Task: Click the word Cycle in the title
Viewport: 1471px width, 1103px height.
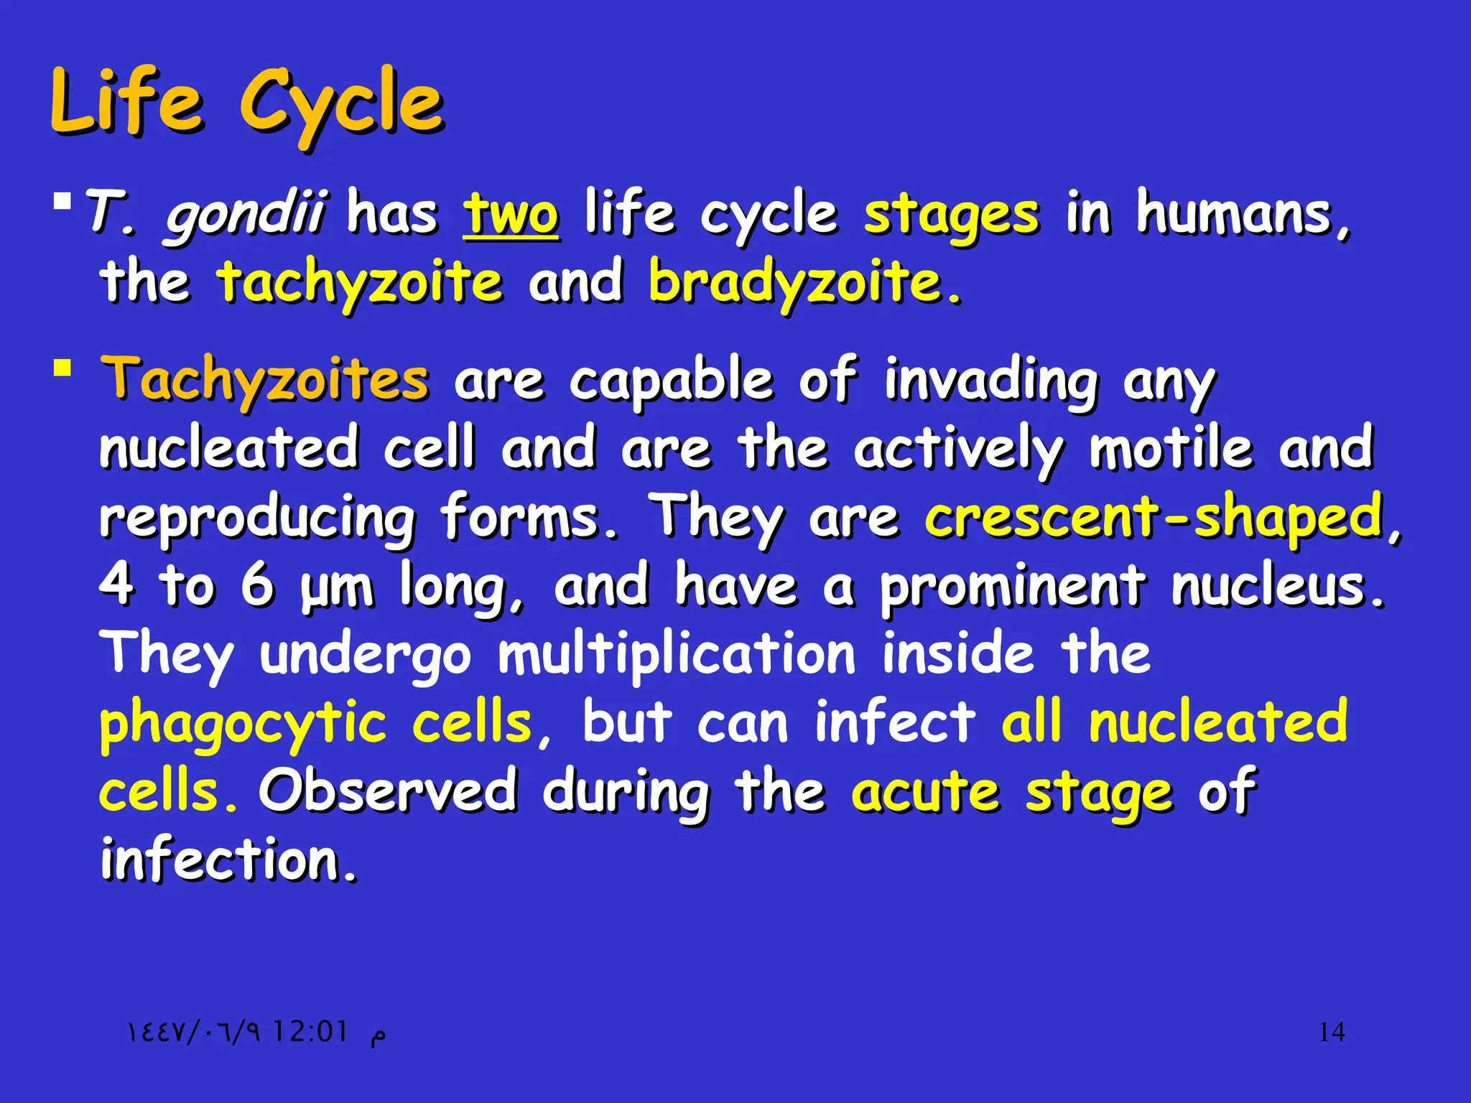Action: click(x=342, y=104)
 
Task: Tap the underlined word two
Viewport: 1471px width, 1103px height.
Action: click(x=511, y=215)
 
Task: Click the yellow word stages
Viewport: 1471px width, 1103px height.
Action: click(x=951, y=215)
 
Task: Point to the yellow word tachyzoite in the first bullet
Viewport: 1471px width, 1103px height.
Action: click(x=360, y=282)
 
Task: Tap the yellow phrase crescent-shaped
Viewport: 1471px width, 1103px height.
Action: click(x=1154, y=517)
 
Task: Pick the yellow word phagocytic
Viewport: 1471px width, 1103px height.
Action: click(x=243, y=723)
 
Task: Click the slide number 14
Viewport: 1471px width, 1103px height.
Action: click(x=1332, y=1033)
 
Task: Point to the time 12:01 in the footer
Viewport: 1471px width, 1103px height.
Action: click(x=310, y=1033)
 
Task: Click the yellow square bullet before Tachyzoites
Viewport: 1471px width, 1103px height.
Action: click(x=62, y=369)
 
